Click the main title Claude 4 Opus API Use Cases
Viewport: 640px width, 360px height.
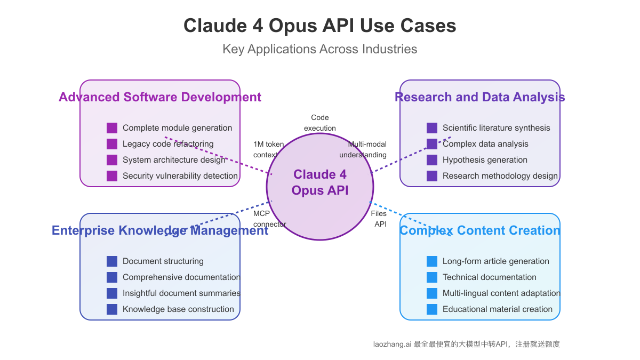pyautogui.click(x=319, y=26)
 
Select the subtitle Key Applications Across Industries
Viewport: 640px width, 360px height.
pyautogui.click(x=319, y=49)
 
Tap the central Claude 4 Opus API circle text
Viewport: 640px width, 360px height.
pyautogui.click(x=319, y=182)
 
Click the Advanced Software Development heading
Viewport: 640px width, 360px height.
pyautogui.click(x=160, y=97)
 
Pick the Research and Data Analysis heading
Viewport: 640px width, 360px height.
pyautogui.click(x=479, y=97)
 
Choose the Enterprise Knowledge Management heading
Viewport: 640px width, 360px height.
pyautogui.click(x=160, y=230)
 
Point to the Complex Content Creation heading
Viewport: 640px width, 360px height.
pyautogui.click(x=479, y=230)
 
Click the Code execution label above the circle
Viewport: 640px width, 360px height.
pyautogui.click(x=320, y=123)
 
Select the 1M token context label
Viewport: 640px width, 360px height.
pyautogui.click(x=268, y=149)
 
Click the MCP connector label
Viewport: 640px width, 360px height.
pyautogui.click(x=269, y=219)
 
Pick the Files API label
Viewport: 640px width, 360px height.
pyautogui.click(x=379, y=219)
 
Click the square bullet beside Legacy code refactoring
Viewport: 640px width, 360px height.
pyautogui.click(x=112, y=144)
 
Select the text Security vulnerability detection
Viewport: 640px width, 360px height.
pyautogui.click(x=180, y=176)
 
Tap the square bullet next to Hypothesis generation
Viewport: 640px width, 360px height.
pyautogui.click(x=432, y=160)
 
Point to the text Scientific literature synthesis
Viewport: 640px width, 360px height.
pyautogui.click(x=496, y=128)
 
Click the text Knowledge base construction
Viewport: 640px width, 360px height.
pyautogui.click(x=178, y=309)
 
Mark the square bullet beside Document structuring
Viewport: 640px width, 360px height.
pyautogui.click(x=112, y=261)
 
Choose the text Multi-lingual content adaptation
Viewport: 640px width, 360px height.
pyautogui.click(x=501, y=293)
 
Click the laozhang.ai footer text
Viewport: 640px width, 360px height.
pyautogui.click(x=466, y=344)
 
